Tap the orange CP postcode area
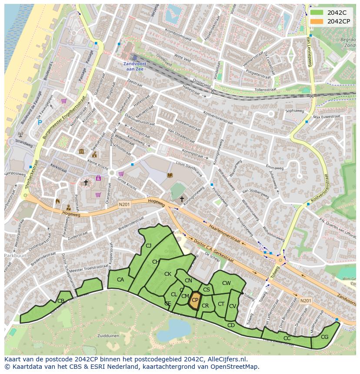tap(195, 300)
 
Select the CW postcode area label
tap(227, 283)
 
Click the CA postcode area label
tap(120, 280)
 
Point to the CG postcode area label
tap(324, 337)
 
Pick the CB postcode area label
tap(61, 301)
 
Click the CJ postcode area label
tap(148, 246)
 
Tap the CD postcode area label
tap(231, 325)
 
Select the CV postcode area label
tap(233, 306)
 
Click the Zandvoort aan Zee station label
tap(134, 66)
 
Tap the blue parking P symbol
tap(40, 123)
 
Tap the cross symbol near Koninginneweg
tap(182, 199)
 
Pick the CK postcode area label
tap(168, 274)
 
